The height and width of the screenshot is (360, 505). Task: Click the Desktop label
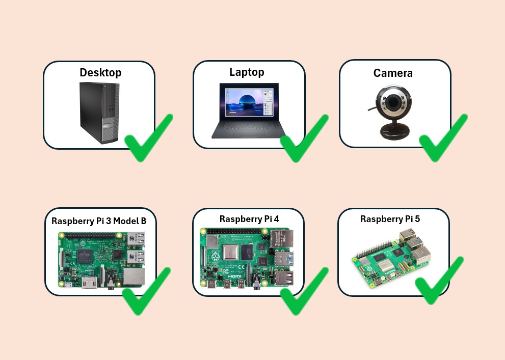coord(100,73)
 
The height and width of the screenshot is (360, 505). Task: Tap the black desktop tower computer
coord(99,112)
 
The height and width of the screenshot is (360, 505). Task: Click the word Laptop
coord(247,72)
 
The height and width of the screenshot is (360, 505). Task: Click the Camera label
coord(393,73)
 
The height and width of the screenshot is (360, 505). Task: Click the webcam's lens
coord(392,104)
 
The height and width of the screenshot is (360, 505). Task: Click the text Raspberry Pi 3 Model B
coord(99,221)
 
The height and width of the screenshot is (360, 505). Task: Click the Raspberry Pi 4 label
coord(249,219)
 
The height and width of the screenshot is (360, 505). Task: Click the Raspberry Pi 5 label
coord(390,219)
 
